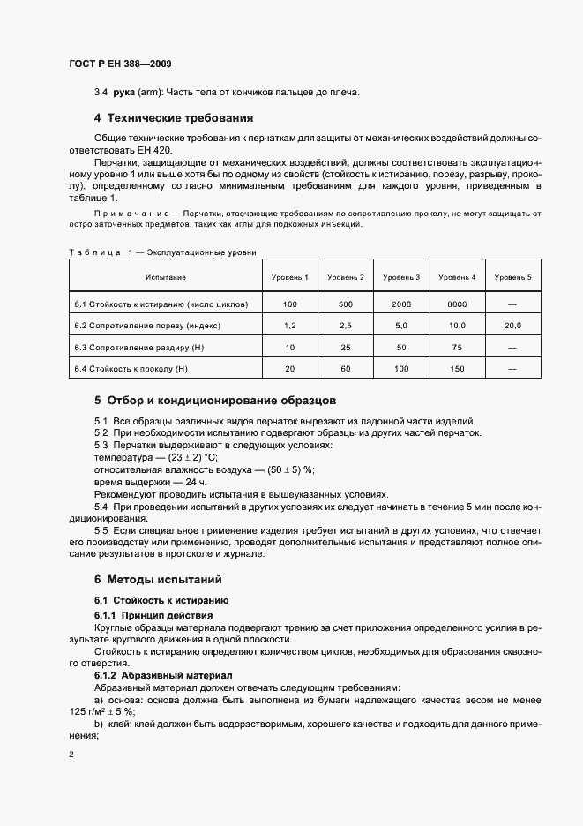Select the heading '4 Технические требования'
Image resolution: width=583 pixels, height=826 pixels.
pyautogui.click(x=174, y=117)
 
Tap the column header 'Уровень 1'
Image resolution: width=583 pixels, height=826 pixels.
pyautogui.click(x=291, y=278)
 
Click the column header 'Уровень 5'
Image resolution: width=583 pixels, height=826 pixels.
pyautogui.click(x=512, y=278)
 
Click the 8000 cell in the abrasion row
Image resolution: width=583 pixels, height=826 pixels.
pyautogui.click(x=456, y=304)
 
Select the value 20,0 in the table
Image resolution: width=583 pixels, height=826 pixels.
pyautogui.click(x=512, y=326)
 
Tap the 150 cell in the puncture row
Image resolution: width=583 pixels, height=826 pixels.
pyautogui.click(x=456, y=368)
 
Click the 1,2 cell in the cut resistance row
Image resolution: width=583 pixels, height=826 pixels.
pyautogui.click(x=291, y=326)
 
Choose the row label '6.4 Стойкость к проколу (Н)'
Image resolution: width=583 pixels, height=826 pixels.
pyautogui.click(x=132, y=368)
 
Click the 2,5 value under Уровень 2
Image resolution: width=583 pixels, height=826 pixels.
pyautogui.click(x=346, y=326)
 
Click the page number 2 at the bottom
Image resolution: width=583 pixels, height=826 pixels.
pyautogui.click(x=71, y=755)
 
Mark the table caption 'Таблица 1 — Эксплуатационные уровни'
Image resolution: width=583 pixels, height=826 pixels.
pyautogui.click(x=162, y=252)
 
